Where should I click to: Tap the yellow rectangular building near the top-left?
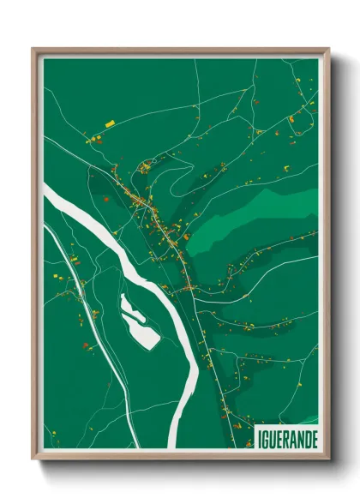tap(109, 123)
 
